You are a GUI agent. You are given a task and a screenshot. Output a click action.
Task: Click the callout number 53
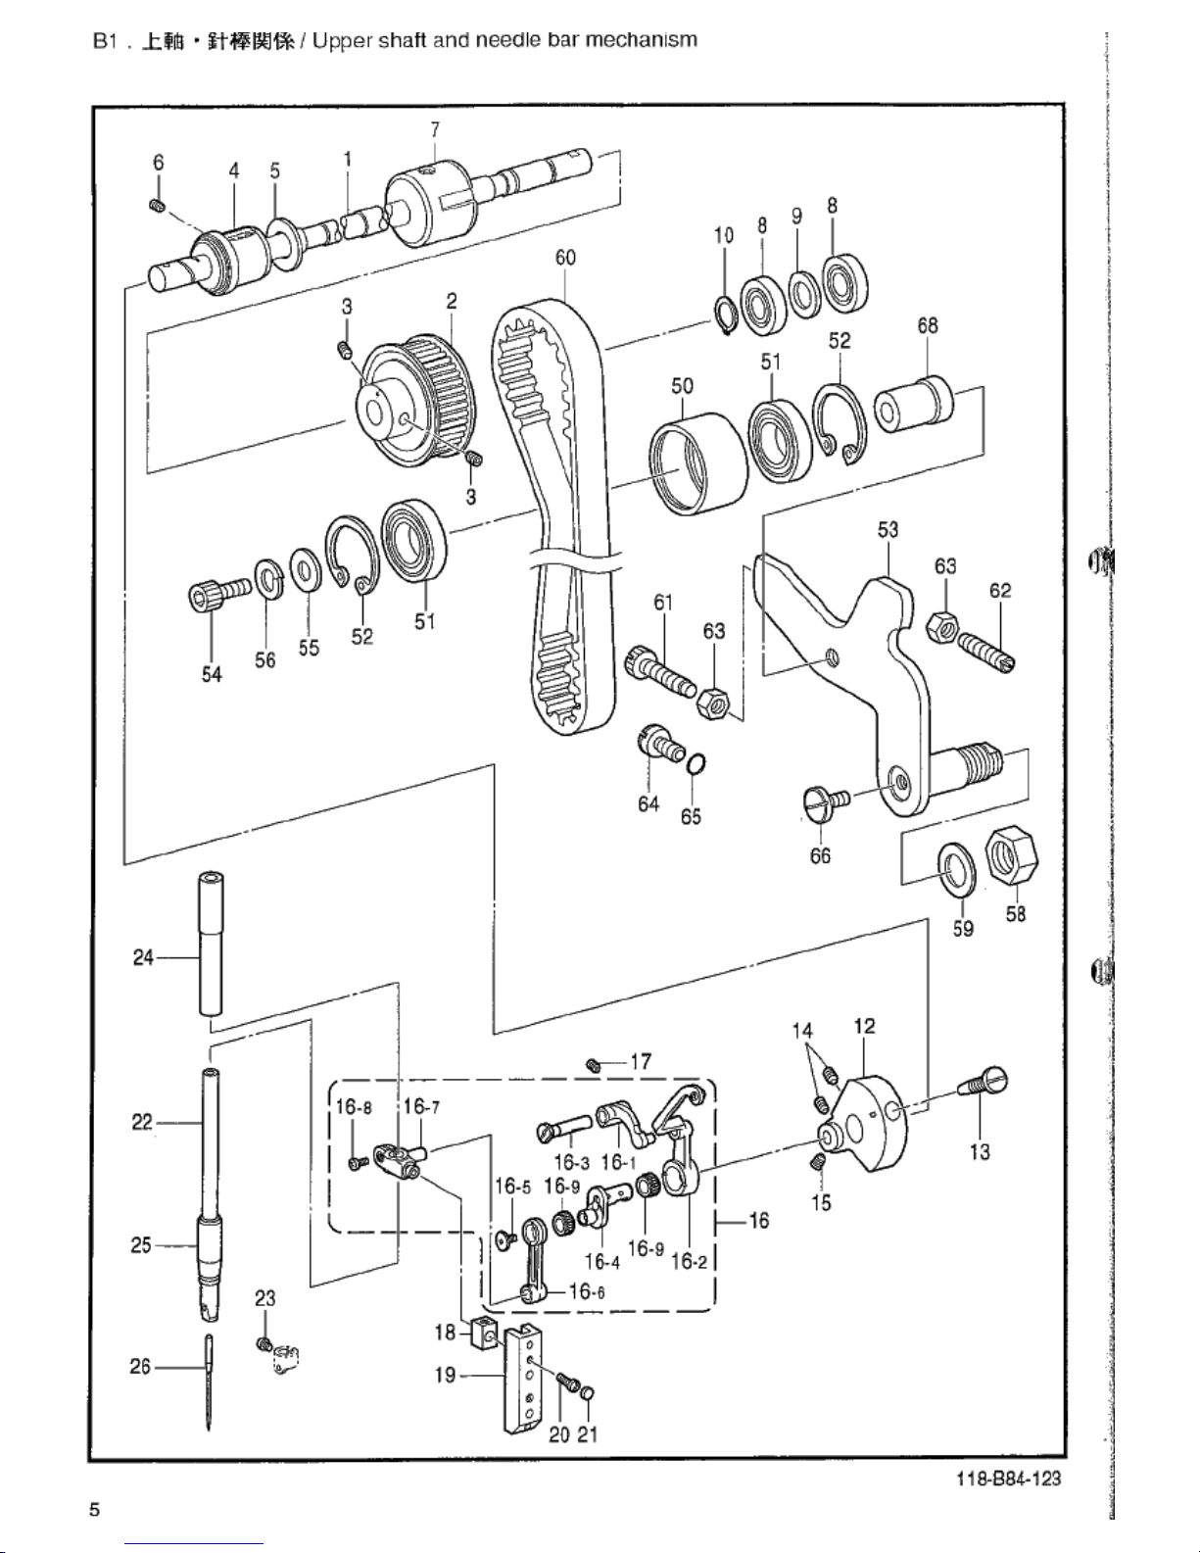(x=888, y=529)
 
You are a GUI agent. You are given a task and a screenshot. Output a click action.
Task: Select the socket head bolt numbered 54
(x=219, y=593)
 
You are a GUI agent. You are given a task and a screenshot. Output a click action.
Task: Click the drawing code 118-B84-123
(x=1009, y=1478)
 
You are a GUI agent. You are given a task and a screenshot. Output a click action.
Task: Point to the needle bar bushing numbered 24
(x=210, y=943)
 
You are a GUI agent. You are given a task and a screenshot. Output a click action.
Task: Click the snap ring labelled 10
(x=725, y=314)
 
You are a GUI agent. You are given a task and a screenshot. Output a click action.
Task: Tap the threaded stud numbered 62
(x=986, y=652)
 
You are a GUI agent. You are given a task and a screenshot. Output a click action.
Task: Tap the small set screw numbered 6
(x=158, y=206)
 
